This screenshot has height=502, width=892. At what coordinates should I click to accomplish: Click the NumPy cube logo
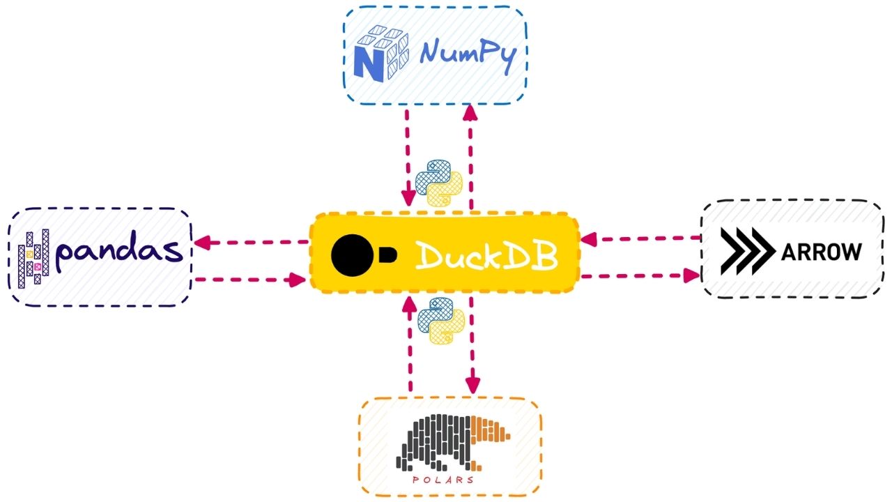380,54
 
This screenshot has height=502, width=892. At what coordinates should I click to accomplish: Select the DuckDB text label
486,257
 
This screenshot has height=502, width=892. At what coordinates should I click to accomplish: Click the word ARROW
821,252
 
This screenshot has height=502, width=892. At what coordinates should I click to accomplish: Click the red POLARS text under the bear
443,480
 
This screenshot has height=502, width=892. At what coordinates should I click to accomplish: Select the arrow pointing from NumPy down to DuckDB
406,157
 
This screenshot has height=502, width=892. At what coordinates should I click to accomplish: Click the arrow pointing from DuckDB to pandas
251,243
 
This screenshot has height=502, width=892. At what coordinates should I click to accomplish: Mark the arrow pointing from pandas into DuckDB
251,280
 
